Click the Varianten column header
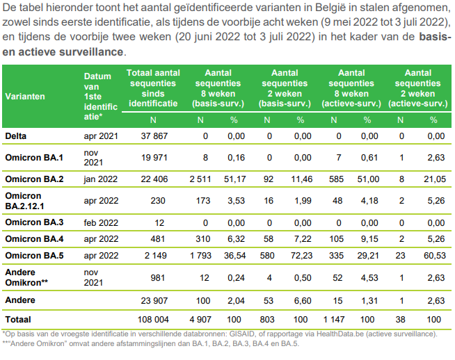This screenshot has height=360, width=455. [26, 97]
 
